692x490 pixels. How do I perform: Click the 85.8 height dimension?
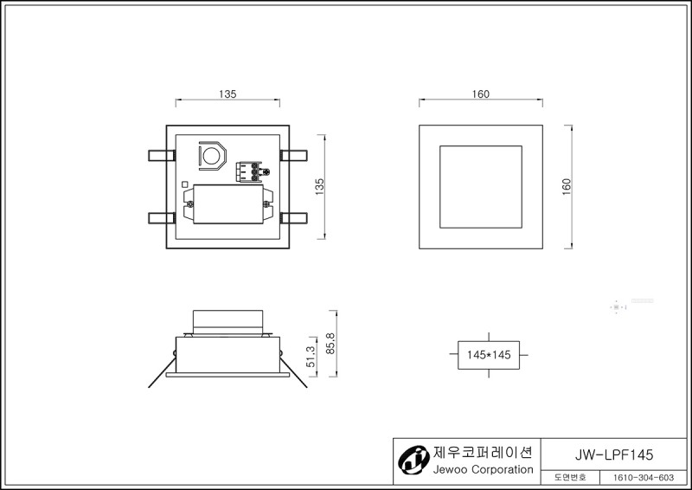(x=331, y=344)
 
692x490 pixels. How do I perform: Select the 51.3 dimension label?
(x=311, y=357)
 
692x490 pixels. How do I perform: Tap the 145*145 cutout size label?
(x=489, y=355)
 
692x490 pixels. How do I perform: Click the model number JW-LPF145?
(x=614, y=455)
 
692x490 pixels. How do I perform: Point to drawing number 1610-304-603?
(x=644, y=478)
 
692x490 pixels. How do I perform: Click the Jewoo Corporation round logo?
(x=413, y=460)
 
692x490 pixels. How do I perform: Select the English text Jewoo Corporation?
(x=484, y=470)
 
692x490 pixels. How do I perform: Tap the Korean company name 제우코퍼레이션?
(x=483, y=452)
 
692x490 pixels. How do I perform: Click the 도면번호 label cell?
(x=570, y=478)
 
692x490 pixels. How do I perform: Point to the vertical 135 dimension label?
(x=319, y=187)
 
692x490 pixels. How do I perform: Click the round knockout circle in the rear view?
(x=212, y=156)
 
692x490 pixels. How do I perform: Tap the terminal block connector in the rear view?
(x=250, y=171)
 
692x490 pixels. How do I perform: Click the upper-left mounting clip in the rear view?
(x=162, y=156)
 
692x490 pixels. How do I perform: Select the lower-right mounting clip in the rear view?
(x=293, y=218)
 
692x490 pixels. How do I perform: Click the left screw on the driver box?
(x=190, y=204)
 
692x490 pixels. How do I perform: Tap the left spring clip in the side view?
(x=162, y=371)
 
